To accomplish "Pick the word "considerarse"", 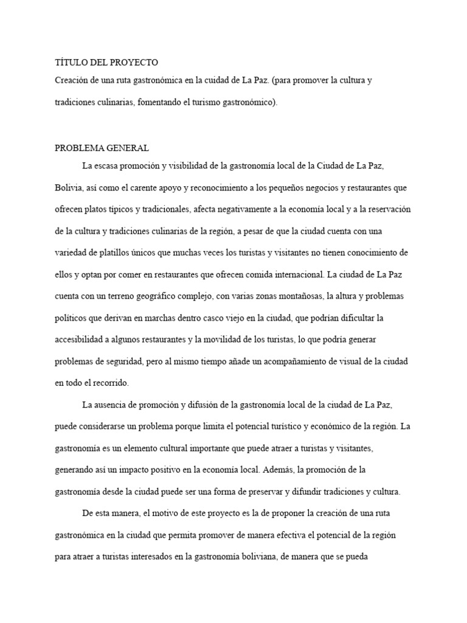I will (x=108, y=426).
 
